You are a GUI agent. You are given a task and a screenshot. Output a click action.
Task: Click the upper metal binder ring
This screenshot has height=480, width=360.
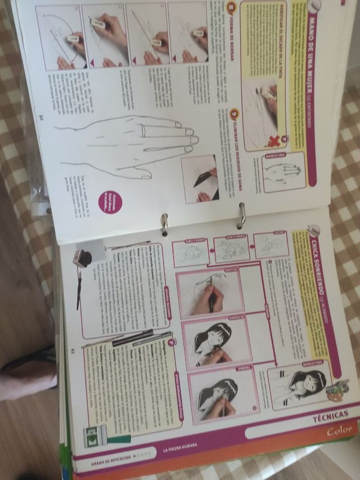242,216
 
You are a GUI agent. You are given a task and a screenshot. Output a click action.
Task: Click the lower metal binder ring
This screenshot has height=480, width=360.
164,223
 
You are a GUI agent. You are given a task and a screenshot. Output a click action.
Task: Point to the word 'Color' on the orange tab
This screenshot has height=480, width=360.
340,430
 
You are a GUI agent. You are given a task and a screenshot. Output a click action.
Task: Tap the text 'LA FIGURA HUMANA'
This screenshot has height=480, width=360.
181,448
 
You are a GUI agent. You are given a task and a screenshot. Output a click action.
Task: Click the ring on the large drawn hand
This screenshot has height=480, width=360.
143,131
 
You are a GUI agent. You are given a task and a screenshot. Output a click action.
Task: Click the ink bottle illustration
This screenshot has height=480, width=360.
82,258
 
